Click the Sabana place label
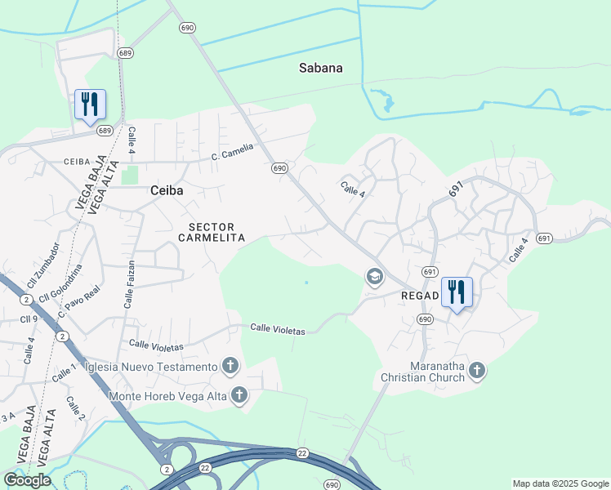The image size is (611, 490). [319, 68]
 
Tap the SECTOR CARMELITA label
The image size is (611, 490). [212, 232]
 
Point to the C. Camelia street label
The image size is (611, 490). [232, 152]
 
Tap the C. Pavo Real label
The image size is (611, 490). [78, 302]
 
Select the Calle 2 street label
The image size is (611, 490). [75, 408]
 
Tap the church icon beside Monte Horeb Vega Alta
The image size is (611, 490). [239, 396]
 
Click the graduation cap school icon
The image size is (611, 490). [375, 278]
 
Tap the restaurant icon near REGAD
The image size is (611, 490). [457, 292]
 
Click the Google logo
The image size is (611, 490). [27, 480]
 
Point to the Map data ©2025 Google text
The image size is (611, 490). [560, 483]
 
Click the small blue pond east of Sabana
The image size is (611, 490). [386, 104]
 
